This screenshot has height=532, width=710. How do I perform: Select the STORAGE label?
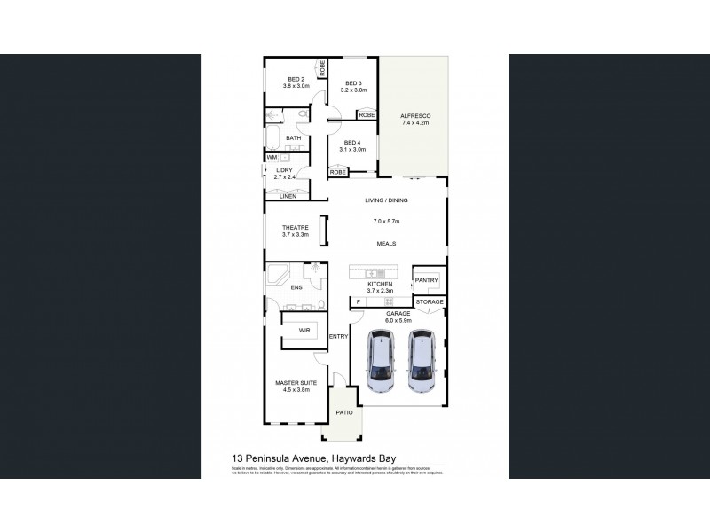[x=430, y=302]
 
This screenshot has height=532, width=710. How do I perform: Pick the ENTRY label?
[x=338, y=336]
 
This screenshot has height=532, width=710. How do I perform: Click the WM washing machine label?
[x=272, y=158]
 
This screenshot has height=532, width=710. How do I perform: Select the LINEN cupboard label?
[x=288, y=196]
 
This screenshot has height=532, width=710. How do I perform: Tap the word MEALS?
[x=385, y=243]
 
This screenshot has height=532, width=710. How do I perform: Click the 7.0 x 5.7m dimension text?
[x=386, y=221]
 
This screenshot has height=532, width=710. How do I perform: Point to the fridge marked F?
[x=358, y=302]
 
